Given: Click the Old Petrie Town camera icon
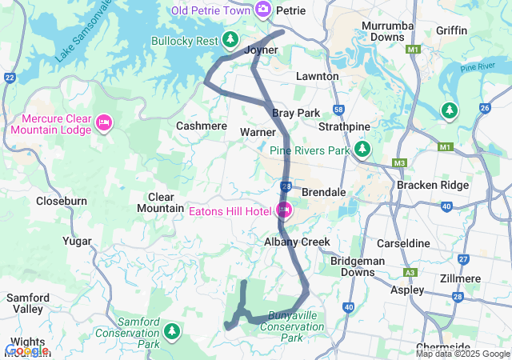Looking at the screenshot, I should pos(262,9).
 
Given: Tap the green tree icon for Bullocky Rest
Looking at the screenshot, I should pos(230,39).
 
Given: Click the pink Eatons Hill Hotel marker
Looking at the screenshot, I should pos(283,211).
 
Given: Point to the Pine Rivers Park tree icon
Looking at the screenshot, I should pos(363,149).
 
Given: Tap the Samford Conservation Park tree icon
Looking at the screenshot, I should pos(171,330).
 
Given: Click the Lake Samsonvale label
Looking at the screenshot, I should pos(85,34).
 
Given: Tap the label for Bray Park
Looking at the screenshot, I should pos(296,113).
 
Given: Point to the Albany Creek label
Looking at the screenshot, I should pos(297,242).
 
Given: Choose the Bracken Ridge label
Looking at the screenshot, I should pos(432,186).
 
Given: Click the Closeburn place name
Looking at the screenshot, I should pos(62,202).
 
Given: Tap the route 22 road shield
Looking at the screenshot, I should pos(10,77).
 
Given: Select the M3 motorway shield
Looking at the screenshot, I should pos(400,163).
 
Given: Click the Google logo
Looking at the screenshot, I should pos(26,350).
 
